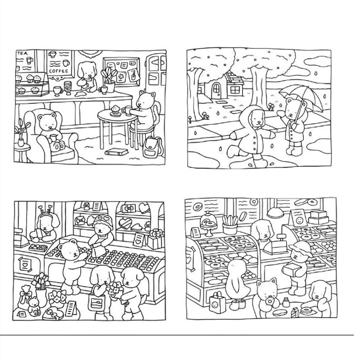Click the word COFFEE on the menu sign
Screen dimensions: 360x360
59,71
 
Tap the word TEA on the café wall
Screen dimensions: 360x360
22,53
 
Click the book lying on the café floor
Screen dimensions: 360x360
116,152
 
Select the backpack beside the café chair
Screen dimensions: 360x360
152,147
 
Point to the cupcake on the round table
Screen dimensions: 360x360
115,110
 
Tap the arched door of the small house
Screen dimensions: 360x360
216,91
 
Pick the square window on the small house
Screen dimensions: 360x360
235,90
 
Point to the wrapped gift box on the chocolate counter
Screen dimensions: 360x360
156,239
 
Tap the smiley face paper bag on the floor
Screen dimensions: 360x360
217,303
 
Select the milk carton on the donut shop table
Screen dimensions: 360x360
295,312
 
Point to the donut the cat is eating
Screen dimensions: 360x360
270,300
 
